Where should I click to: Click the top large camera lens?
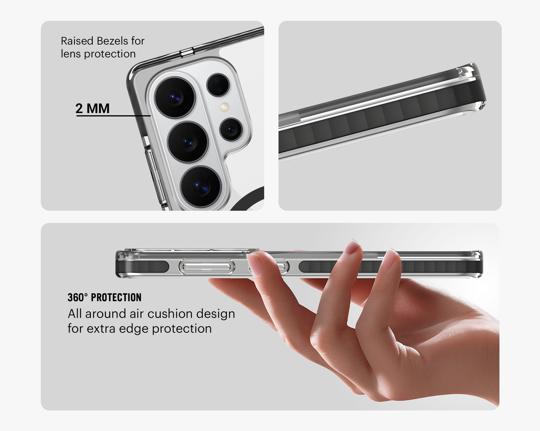(175, 97)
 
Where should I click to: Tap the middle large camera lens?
(188, 142)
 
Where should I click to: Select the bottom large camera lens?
(201, 187)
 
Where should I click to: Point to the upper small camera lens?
(218, 85)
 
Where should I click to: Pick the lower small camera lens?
(231, 129)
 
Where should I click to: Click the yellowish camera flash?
(225, 107)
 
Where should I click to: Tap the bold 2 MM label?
(92, 108)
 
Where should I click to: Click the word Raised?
(77, 41)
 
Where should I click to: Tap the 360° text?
(78, 297)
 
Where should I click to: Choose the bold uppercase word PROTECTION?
(116, 298)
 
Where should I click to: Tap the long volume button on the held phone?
(207, 267)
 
